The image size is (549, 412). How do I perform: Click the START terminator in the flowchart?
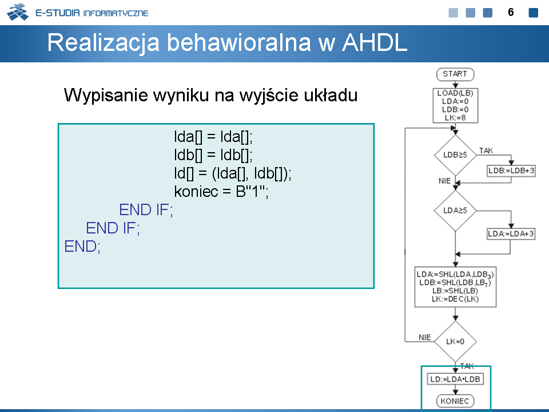pyautogui.click(x=455, y=74)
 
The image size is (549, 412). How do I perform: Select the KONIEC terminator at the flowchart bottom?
pyautogui.click(x=455, y=401)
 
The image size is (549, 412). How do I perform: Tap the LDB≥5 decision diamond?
pyautogui.click(x=455, y=155)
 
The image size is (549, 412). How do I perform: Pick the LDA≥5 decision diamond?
pyautogui.click(x=455, y=211)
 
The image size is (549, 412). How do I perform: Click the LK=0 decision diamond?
pyautogui.click(x=455, y=342)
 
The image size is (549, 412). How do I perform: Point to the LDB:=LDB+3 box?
pyautogui.click(x=511, y=171)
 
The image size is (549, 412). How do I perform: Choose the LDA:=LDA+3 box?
pyautogui.click(x=511, y=233)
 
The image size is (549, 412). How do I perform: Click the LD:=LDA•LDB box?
pyautogui.click(x=455, y=379)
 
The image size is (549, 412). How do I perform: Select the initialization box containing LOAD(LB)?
pyautogui.click(x=455, y=105)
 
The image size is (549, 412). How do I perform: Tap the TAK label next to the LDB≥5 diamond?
pyautogui.click(x=486, y=150)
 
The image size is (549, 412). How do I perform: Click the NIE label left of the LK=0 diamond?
pyautogui.click(x=425, y=338)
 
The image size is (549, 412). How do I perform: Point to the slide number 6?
pyautogui.click(x=511, y=13)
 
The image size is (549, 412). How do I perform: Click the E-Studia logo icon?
pyautogui.click(x=18, y=12)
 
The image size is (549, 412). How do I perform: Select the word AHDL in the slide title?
pyautogui.click(x=374, y=43)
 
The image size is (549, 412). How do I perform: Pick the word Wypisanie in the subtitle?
pyautogui.click(x=106, y=96)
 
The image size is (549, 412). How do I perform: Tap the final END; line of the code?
pyautogui.click(x=82, y=246)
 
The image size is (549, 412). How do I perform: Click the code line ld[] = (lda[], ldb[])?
pyautogui.click(x=233, y=173)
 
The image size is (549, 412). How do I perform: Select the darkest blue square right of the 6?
pyautogui.click(x=533, y=13)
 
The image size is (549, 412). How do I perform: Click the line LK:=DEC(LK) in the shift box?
pyautogui.click(x=455, y=299)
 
